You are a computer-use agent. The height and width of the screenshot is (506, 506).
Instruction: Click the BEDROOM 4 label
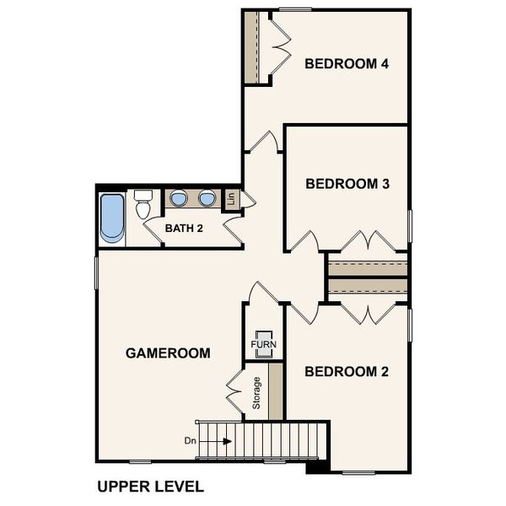click(346, 63)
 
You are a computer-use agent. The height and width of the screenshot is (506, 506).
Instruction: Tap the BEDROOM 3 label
click(346, 183)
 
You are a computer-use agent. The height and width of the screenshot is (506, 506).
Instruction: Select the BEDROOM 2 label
click(346, 372)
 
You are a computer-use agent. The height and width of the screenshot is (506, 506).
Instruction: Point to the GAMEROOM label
click(168, 353)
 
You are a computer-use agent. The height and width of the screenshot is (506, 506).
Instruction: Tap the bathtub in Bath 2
click(111, 218)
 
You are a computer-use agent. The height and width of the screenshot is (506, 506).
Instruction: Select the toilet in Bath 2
click(143, 205)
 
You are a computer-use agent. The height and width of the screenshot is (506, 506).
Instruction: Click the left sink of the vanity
click(179, 199)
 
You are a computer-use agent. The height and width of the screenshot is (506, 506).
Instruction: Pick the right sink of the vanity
click(207, 199)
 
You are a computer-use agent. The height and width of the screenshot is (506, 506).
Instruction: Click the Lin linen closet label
click(230, 200)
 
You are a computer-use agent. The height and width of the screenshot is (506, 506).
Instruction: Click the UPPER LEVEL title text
click(149, 487)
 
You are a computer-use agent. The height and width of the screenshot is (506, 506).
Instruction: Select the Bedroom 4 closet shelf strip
click(250, 47)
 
